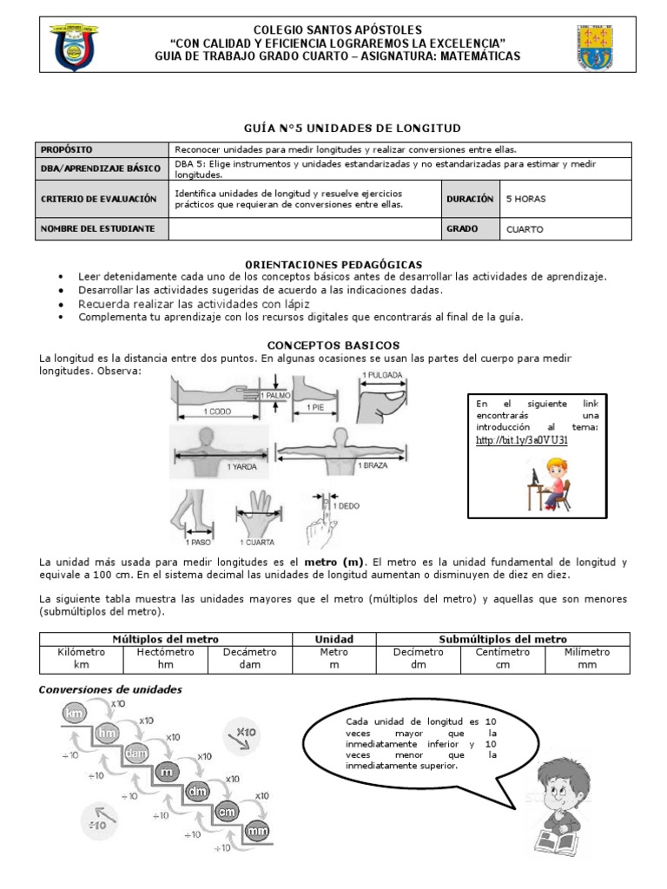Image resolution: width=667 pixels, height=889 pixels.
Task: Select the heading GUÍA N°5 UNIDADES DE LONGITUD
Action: (333, 128)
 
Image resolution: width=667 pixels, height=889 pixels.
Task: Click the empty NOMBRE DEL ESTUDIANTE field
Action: (305, 229)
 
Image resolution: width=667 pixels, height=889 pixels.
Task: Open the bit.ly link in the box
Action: (522, 440)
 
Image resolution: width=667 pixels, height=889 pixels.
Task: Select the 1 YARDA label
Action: (241, 466)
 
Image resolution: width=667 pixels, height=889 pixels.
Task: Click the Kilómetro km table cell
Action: (81, 658)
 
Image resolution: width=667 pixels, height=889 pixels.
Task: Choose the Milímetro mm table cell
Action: (587, 658)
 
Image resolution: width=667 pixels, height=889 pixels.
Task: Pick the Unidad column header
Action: (333, 639)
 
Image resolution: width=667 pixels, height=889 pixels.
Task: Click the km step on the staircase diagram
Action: (75, 714)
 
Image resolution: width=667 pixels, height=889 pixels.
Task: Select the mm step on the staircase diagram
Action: (256, 832)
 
